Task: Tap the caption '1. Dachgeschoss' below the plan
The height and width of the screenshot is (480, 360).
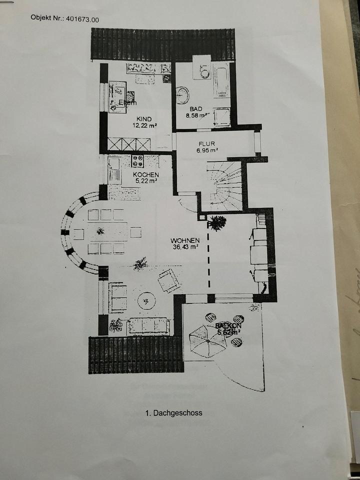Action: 173,413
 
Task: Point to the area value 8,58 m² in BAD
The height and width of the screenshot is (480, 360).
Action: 196,115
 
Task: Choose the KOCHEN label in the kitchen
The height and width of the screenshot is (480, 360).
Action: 145,174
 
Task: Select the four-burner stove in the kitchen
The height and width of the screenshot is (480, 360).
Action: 137,160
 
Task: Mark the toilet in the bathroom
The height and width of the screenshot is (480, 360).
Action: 203,72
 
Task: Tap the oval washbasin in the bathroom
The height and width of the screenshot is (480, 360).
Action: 182,94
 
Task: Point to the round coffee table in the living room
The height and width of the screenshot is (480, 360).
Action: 146,300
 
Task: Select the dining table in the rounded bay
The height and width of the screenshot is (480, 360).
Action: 105,232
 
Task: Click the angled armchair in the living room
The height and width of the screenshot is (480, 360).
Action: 169,280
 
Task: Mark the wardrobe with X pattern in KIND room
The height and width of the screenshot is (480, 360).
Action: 129,144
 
